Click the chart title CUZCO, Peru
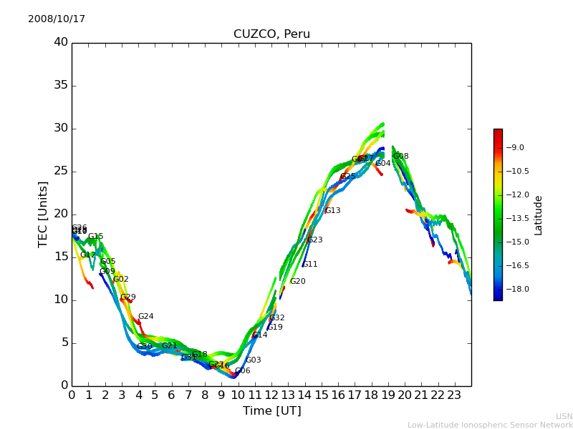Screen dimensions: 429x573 [271, 34]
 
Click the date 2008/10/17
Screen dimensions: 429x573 [57, 19]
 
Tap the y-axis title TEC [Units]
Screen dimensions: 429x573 [44, 214]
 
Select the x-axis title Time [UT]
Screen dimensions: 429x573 [271, 411]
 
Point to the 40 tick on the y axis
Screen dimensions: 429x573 [61, 42]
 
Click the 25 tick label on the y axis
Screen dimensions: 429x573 [61, 171]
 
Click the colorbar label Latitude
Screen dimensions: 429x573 [539, 214]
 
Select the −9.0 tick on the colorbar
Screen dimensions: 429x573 [516, 148]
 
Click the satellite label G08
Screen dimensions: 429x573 [401, 157]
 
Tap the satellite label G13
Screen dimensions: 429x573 [333, 211]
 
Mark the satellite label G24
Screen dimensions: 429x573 [146, 317]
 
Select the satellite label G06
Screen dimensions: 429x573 [243, 371]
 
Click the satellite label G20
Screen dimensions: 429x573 [298, 282]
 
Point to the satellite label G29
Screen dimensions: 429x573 [128, 297]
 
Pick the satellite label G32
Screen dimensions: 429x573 [277, 318]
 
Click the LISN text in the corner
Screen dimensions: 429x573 [564, 416]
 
